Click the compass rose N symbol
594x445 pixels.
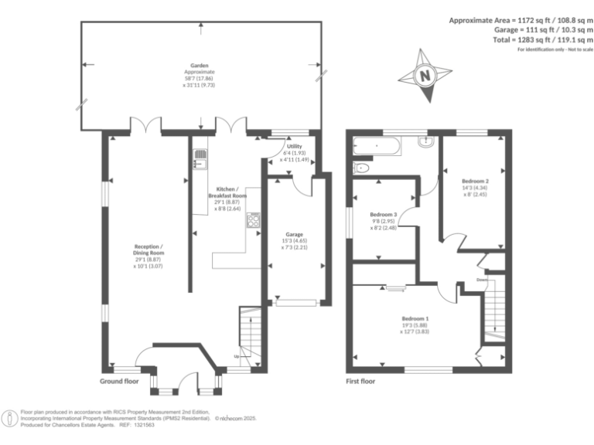[x=424, y=76]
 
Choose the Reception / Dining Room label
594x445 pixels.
[x=146, y=254]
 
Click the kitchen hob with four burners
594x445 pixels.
[x=253, y=221]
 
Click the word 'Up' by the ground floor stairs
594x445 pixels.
[x=236, y=356]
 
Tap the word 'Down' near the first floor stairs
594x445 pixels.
[x=482, y=280]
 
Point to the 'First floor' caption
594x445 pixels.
[x=363, y=382]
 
